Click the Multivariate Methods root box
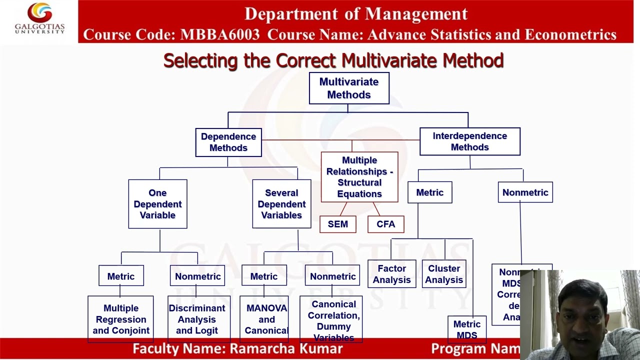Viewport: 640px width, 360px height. click(349, 88)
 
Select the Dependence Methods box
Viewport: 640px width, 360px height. click(228, 142)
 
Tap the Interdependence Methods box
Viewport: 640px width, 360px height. click(469, 141)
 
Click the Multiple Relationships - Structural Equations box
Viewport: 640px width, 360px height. click(359, 177)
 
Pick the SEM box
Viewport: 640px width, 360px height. click(338, 224)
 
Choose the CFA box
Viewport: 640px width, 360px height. click(385, 224)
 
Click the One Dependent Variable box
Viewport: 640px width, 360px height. click(157, 204)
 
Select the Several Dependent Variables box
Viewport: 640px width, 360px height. click(281, 204)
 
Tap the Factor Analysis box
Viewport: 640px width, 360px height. click(392, 274)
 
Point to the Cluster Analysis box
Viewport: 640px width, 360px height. click(444, 274)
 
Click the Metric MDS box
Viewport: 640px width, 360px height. click(466, 329)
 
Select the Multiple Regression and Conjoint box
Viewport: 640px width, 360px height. click(121, 319)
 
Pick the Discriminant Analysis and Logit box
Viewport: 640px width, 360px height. click(197, 319)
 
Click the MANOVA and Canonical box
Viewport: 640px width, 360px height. click(266, 319)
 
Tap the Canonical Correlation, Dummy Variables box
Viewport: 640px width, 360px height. click(333, 320)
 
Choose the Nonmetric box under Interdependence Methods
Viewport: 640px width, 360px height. click(525, 192)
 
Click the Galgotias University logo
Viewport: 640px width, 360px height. click(39, 18)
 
